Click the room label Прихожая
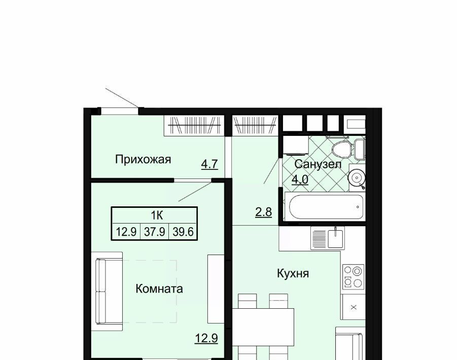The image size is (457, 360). [x=143, y=160]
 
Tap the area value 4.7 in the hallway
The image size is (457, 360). [x=209, y=164]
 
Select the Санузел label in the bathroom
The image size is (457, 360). [x=318, y=164]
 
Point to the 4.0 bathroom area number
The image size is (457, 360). [x=300, y=179]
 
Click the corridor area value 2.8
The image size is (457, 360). [x=263, y=212]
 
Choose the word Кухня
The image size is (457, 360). [x=293, y=273]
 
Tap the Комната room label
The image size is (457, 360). [x=159, y=289]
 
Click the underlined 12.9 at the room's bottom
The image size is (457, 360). [x=206, y=338]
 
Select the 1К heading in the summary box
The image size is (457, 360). [x=157, y=215]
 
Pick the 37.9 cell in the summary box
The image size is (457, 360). [x=155, y=232]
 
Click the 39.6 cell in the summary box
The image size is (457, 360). [x=183, y=232]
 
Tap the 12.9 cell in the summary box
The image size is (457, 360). [x=126, y=232]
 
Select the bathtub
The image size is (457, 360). [x=326, y=207]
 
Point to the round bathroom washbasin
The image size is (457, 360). [x=357, y=177]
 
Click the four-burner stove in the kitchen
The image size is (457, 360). [x=353, y=277]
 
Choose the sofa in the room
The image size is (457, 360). [x=109, y=291]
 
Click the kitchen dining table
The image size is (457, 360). [x=263, y=327]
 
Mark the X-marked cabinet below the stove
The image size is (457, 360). [x=354, y=307]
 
